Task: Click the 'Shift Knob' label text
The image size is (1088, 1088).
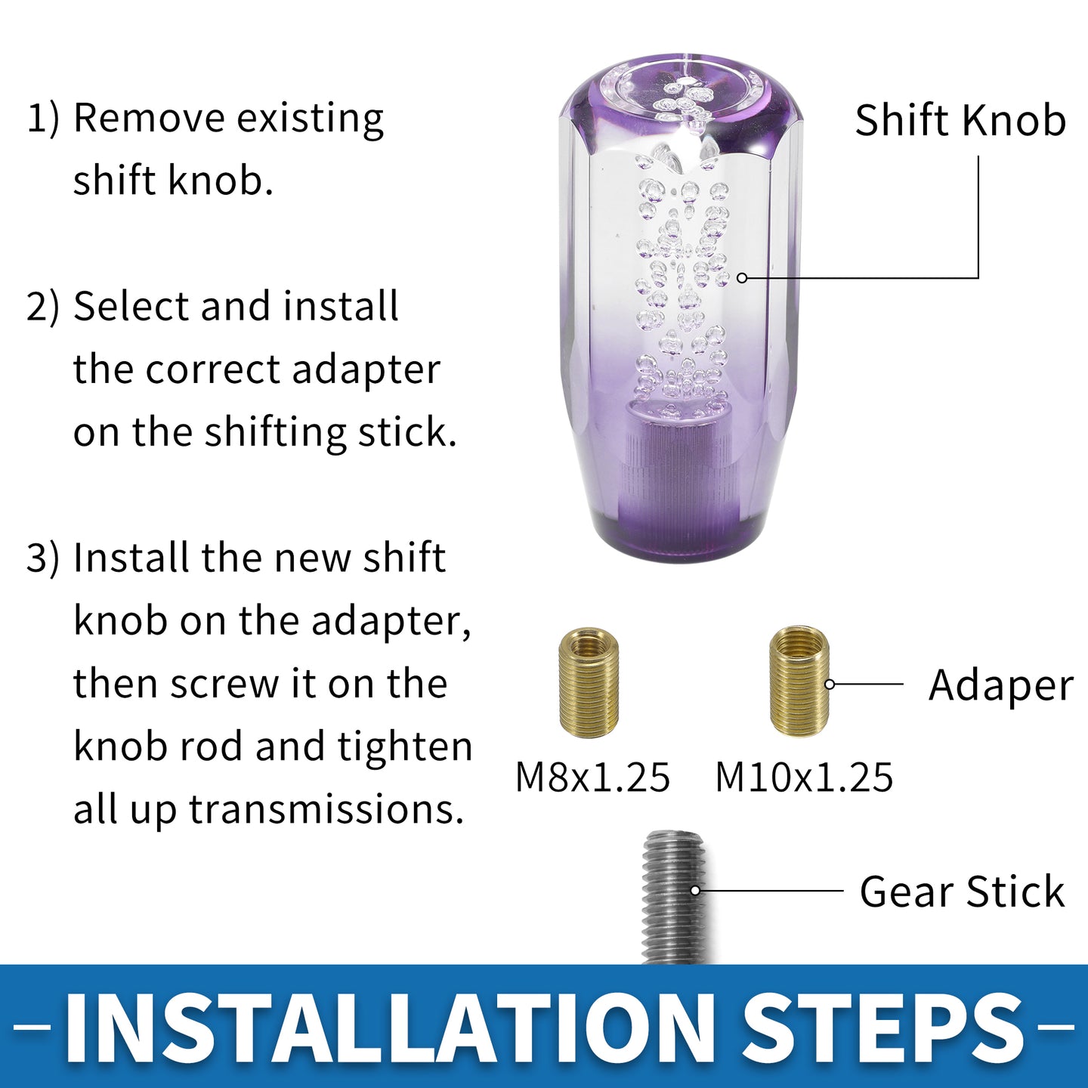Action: [x=960, y=120]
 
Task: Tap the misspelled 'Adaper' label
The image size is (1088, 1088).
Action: [x=1001, y=686]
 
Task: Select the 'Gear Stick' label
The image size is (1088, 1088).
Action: [x=962, y=892]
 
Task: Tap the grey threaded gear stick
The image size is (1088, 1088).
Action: [x=674, y=897]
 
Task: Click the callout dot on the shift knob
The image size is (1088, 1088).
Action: [x=743, y=278]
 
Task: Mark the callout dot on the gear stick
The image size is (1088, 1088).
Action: [x=696, y=890]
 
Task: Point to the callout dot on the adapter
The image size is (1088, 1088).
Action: [x=830, y=685]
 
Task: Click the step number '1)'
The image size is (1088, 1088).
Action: [x=43, y=119]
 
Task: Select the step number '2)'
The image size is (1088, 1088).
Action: [x=43, y=308]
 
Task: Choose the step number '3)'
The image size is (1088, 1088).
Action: [x=43, y=558]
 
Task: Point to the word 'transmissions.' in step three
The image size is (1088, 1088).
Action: [x=323, y=809]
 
